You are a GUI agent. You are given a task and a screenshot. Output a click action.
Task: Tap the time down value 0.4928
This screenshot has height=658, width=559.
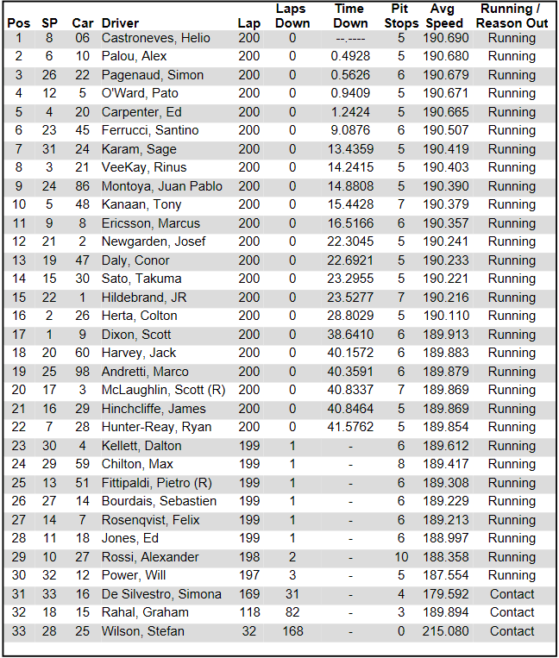349,56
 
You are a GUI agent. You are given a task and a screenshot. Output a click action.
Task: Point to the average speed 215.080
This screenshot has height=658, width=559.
446,631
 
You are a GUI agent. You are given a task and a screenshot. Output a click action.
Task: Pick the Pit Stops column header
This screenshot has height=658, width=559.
399,16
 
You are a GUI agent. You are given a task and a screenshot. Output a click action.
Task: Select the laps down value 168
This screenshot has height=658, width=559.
292,631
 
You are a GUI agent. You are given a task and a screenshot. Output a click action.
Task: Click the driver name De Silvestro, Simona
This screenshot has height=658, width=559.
161,594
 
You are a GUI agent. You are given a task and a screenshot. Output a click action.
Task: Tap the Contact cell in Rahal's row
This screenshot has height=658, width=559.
512,612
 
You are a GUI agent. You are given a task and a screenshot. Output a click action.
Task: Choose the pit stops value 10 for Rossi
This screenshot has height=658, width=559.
401,557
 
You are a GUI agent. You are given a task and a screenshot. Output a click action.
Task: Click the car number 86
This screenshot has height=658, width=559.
81,186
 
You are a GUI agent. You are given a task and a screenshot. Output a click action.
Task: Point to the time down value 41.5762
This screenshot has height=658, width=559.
349,427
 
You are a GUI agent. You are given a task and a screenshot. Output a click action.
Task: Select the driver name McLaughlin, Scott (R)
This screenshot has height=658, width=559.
163,390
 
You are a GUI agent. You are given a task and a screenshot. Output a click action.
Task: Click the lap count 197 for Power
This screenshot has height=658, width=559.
248,575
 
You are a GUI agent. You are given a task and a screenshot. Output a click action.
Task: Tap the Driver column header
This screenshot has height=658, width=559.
120,23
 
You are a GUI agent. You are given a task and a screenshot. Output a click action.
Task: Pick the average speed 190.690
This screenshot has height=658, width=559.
446,38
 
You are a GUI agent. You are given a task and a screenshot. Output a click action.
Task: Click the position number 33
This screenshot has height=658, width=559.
19,631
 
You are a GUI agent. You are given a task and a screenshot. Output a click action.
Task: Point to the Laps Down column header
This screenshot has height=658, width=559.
292,16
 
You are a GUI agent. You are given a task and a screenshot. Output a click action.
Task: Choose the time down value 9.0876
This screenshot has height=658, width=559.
349,130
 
